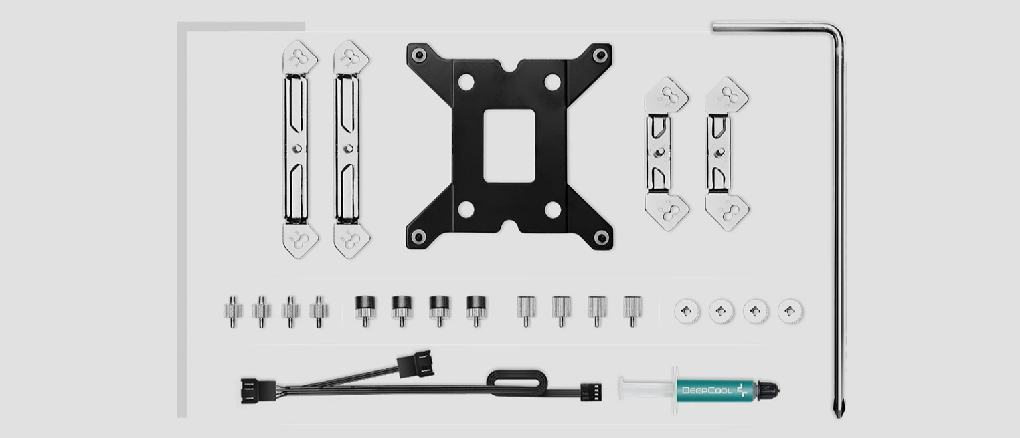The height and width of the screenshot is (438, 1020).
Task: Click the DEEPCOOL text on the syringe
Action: click(707, 391)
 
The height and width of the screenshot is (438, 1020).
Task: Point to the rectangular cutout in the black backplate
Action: click(509, 146)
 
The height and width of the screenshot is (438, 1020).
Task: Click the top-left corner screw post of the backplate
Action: click(419, 56)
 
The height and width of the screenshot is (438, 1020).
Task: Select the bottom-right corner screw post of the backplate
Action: click(601, 237)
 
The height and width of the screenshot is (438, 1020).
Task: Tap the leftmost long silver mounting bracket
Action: click(299, 149)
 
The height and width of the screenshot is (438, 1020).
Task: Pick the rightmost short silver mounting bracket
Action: click(726, 154)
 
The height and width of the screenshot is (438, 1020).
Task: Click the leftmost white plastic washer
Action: click(687, 312)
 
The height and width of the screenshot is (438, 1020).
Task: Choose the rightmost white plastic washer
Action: click(790, 312)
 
